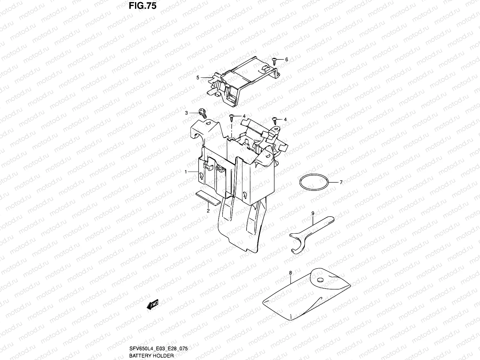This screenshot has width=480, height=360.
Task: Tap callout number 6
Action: [286, 59]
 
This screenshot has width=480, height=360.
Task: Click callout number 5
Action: [198, 78]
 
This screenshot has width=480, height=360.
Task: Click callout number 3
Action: [186, 113]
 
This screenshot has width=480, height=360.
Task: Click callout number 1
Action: [186, 172]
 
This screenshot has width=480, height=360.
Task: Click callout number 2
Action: [208, 211]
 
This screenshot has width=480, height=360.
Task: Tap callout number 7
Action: [341, 182]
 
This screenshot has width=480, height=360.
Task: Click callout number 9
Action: [313, 213]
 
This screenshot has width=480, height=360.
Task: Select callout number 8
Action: [290, 273]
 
